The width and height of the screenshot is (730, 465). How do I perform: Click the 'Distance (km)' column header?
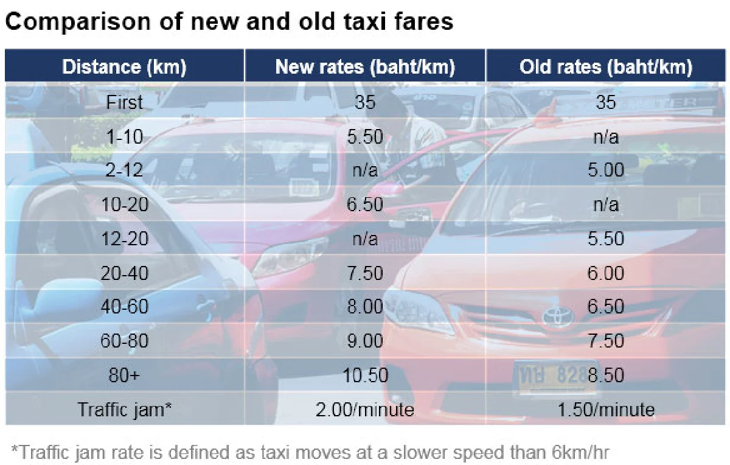pyautogui.click(x=124, y=66)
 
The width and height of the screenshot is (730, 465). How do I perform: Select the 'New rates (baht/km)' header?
pyautogui.click(x=365, y=66)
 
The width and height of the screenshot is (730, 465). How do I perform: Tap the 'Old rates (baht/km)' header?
pyautogui.click(x=606, y=66)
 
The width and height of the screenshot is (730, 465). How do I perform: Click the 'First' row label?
pyautogui.click(x=124, y=102)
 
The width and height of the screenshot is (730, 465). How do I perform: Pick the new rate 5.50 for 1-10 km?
pyautogui.click(x=365, y=137)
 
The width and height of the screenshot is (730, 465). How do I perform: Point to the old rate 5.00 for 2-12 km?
pyautogui.click(x=606, y=170)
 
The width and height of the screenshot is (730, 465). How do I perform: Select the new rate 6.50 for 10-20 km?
pyautogui.click(x=365, y=205)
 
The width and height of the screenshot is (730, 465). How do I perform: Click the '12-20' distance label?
pyautogui.click(x=124, y=239)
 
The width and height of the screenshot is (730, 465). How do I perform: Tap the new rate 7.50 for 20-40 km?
pyautogui.click(x=365, y=273)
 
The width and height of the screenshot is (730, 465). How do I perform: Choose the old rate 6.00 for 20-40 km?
pyautogui.click(x=606, y=273)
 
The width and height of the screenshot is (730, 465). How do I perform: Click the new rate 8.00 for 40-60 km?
pyautogui.click(x=365, y=307)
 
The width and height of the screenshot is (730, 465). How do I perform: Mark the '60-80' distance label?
pyautogui.click(x=124, y=341)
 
